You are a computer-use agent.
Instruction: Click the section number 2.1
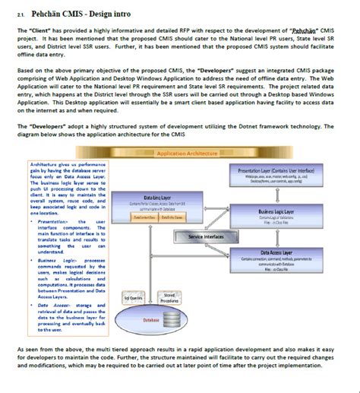(x=21, y=14)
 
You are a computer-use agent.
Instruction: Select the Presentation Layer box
(x=276, y=177)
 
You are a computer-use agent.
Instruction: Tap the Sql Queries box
(x=133, y=298)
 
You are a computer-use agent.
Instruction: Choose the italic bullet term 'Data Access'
(x=53, y=305)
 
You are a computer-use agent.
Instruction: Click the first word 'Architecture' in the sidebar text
(x=45, y=163)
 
